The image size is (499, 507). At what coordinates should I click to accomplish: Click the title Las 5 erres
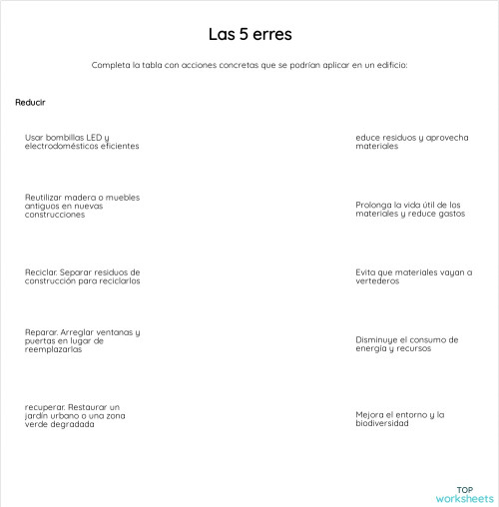(249, 34)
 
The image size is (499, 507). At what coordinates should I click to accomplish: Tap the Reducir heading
(30, 103)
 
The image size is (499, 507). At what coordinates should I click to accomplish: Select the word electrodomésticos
(58, 146)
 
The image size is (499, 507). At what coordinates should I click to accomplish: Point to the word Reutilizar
(45, 198)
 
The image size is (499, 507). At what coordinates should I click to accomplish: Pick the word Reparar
(41, 331)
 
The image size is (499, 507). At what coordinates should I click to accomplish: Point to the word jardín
(38, 415)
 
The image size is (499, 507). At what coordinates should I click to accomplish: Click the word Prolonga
(373, 204)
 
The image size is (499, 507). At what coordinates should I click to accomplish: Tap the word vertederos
(377, 280)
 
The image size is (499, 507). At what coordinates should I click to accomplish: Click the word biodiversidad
(382, 423)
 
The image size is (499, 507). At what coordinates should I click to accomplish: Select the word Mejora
(370, 414)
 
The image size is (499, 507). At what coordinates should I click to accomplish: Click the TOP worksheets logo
(464, 494)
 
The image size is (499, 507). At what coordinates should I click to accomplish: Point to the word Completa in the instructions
(109, 65)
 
